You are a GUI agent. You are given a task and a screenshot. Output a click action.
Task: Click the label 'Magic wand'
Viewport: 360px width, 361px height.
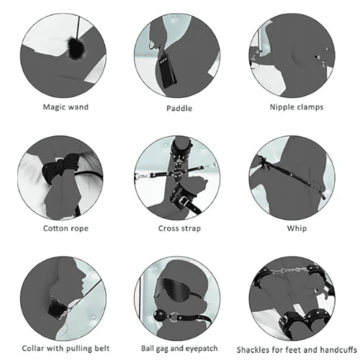click(x=66, y=107)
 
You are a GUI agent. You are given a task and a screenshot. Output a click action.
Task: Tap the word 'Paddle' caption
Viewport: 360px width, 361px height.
click(x=179, y=108)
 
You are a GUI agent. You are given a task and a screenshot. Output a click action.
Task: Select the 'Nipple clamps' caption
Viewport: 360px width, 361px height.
click(x=297, y=107)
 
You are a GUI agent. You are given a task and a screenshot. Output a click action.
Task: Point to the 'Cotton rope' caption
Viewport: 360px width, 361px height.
click(x=66, y=228)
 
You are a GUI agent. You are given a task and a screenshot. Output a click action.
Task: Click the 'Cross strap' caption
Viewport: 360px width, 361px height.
click(x=179, y=228)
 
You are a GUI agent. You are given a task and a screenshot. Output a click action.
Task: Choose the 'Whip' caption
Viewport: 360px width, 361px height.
click(x=297, y=228)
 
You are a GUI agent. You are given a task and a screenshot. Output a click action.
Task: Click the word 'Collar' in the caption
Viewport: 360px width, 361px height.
click(x=32, y=348)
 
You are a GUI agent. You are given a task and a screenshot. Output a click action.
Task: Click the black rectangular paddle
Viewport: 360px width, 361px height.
click(x=167, y=70)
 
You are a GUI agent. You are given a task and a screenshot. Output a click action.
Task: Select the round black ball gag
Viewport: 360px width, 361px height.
click(x=160, y=316)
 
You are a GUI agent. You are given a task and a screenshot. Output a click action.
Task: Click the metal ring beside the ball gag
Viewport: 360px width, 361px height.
click(x=174, y=318)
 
